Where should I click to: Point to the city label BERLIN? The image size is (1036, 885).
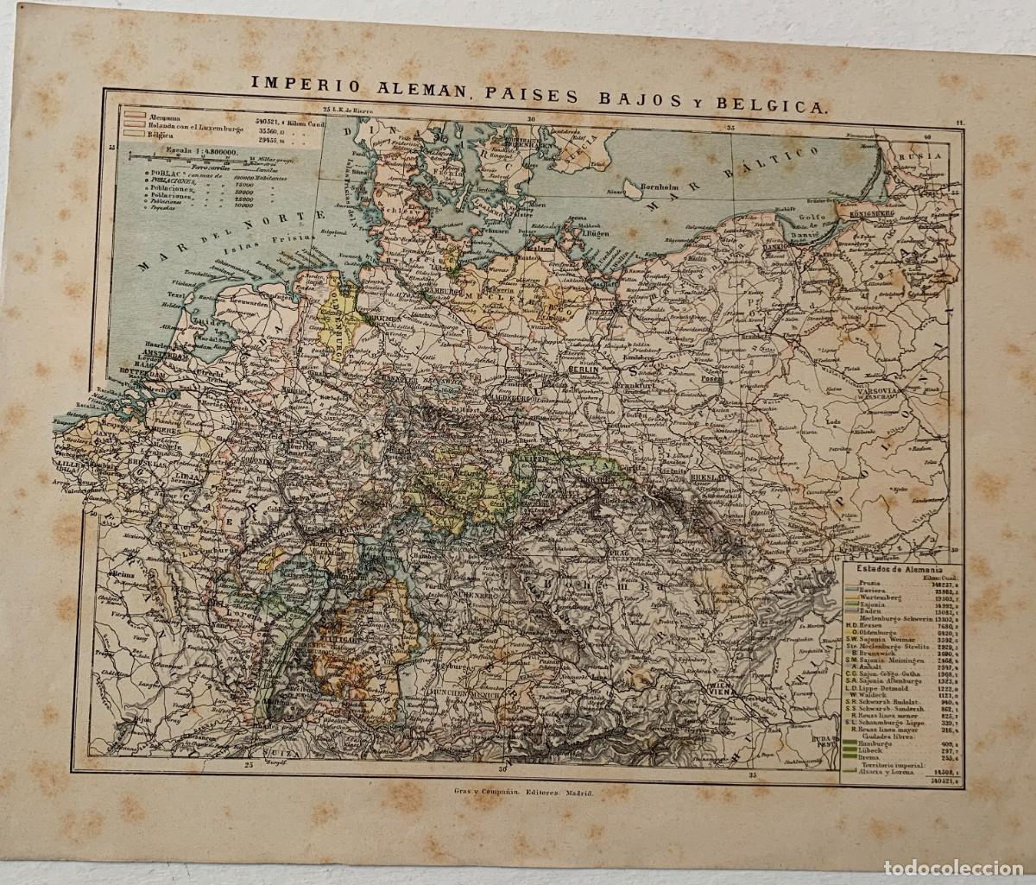(x=584, y=368)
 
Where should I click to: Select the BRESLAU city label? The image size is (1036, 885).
(x=708, y=477)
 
